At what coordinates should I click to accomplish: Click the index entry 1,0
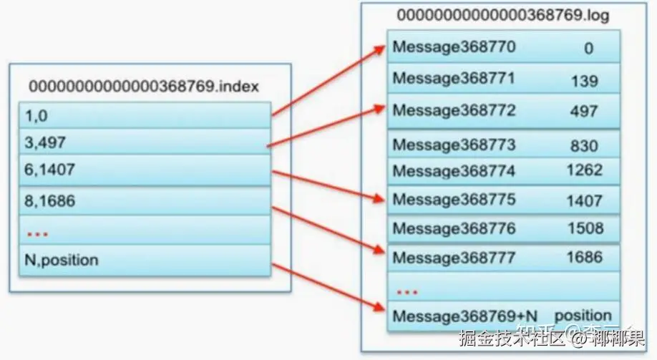click(x=37, y=115)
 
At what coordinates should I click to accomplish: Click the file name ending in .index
click(x=144, y=87)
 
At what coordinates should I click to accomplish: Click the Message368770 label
click(x=454, y=48)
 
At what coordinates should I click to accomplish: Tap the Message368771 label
click(x=454, y=79)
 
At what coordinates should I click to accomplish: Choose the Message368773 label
click(x=454, y=145)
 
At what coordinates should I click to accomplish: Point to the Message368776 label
click(x=454, y=229)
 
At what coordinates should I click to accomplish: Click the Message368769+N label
click(x=465, y=316)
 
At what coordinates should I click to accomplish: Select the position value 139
click(x=584, y=81)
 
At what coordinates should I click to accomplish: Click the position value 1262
click(x=584, y=170)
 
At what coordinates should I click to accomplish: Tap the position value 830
click(x=584, y=145)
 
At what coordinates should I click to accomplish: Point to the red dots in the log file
click(x=407, y=291)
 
